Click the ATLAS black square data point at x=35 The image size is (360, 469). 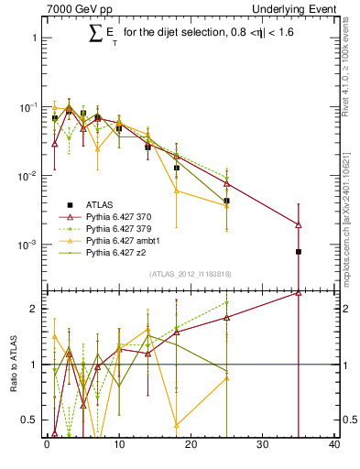coord(299,251)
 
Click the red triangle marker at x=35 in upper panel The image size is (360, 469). coord(299,224)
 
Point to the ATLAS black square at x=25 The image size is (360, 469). coord(226,201)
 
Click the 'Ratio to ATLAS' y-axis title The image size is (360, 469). coord(14,364)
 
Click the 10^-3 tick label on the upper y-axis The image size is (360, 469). coord(27,245)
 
